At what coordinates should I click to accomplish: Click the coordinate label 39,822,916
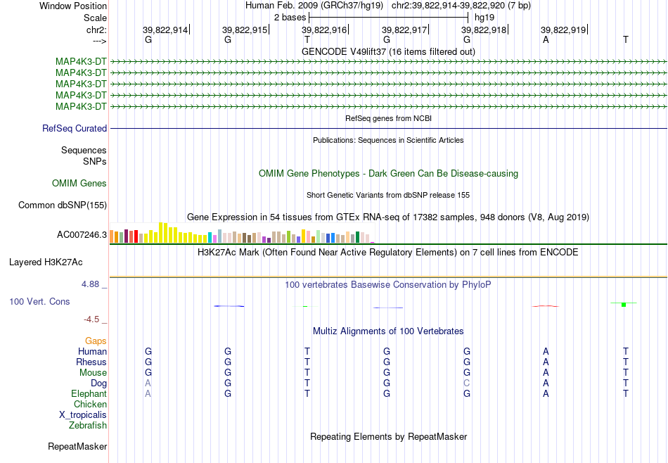(x=324, y=30)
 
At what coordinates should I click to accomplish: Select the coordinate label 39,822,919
(x=563, y=30)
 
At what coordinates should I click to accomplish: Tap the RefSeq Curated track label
(x=75, y=128)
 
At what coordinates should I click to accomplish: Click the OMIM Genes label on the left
(x=79, y=184)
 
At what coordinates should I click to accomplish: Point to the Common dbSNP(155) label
(x=63, y=205)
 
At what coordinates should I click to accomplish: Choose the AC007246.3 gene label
(x=82, y=235)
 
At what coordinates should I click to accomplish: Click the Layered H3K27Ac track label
(x=46, y=262)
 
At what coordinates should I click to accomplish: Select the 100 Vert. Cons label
(x=39, y=301)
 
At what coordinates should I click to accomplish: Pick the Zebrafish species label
(x=88, y=425)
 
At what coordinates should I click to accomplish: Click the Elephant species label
(x=89, y=393)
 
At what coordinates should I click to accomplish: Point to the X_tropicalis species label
(x=83, y=415)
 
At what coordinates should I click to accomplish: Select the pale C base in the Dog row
(x=467, y=383)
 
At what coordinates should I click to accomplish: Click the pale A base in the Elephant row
(x=148, y=393)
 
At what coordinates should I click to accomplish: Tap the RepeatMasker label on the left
(x=77, y=446)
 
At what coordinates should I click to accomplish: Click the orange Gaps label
(x=96, y=341)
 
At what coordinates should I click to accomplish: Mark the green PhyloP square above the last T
(x=624, y=305)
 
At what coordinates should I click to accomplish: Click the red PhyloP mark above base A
(x=546, y=305)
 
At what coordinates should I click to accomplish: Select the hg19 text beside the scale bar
(x=484, y=18)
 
